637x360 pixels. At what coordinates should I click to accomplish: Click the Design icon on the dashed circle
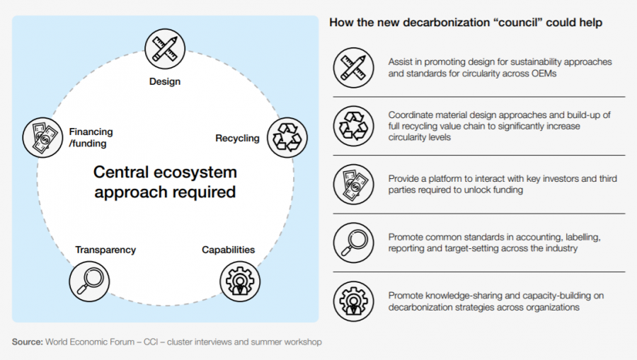click(x=165, y=49)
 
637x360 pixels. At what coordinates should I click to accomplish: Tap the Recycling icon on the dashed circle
click(x=287, y=138)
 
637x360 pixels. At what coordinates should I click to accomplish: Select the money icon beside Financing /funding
click(x=42, y=138)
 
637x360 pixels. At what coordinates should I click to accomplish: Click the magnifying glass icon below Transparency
click(x=89, y=281)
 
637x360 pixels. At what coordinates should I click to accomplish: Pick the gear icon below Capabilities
click(x=240, y=281)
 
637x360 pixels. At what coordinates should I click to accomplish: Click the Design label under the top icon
click(x=165, y=81)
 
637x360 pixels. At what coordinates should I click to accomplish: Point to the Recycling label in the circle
click(x=237, y=139)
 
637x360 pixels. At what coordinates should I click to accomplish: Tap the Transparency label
click(x=105, y=250)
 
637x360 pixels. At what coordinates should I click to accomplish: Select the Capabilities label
click(x=229, y=250)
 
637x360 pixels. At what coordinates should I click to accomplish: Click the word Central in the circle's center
click(x=121, y=172)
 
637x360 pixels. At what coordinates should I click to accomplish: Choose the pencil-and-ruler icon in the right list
click(x=353, y=68)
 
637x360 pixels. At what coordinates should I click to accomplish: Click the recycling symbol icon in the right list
click(x=353, y=126)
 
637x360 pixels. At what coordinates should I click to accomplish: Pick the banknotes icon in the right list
click(x=353, y=185)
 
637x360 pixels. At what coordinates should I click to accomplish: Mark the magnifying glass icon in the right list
click(x=353, y=243)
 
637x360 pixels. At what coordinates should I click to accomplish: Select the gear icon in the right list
click(x=353, y=301)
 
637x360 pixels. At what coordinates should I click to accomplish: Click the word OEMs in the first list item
click(x=544, y=74)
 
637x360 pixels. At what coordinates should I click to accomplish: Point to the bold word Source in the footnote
click(x=27, y=342)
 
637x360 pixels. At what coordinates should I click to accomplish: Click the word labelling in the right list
click(x=583, y=237)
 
